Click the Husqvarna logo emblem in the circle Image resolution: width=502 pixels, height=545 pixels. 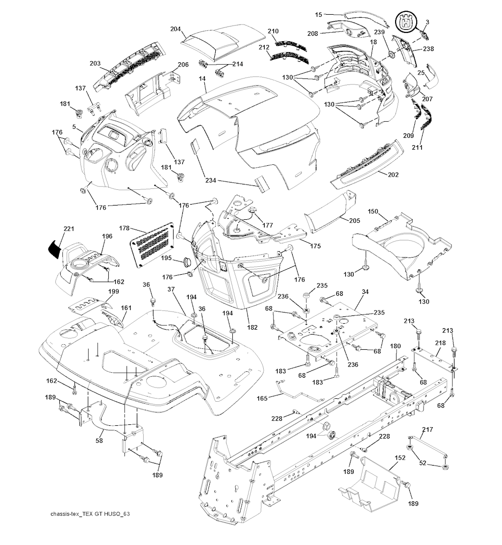405,23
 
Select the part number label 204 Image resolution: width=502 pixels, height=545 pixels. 176,29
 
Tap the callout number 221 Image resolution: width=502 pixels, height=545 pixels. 68,229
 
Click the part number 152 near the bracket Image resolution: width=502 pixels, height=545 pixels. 400,457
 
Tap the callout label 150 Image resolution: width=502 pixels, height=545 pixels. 373,211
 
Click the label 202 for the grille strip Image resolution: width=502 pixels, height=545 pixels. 393,174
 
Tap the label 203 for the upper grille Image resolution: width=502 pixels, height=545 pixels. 95,63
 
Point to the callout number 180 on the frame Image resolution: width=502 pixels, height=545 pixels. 395,346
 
